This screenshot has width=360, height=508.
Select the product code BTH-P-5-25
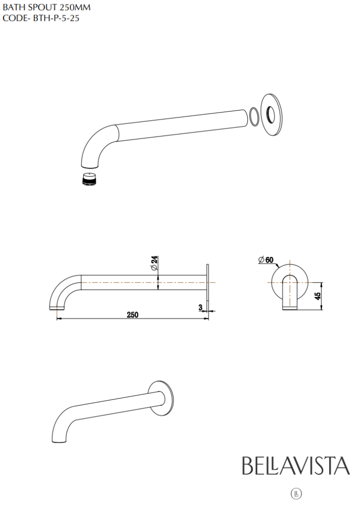pyautogui.click(x=41, y=18)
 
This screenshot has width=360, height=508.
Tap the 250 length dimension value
pyautogui.click(x=132, y=315)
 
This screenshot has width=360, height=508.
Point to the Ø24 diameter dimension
pyautogui.click(x=154, y=261)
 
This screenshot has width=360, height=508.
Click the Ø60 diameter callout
pyautogui.click(x=266, y=259)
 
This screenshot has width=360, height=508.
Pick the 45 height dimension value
pyautogui.click(x=318, y=296)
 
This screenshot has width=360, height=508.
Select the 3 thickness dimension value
pyautogui.click(x=201, y=308)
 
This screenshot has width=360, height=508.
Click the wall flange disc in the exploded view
pyautogui.click(x=272, y=114)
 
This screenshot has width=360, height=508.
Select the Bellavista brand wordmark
pyautogui.click(x=295, y=466)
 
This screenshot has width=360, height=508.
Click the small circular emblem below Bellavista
pyautogui.click(x=296, y=493)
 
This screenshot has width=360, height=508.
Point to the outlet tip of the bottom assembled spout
pyautogui.click(x=56, y=439)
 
